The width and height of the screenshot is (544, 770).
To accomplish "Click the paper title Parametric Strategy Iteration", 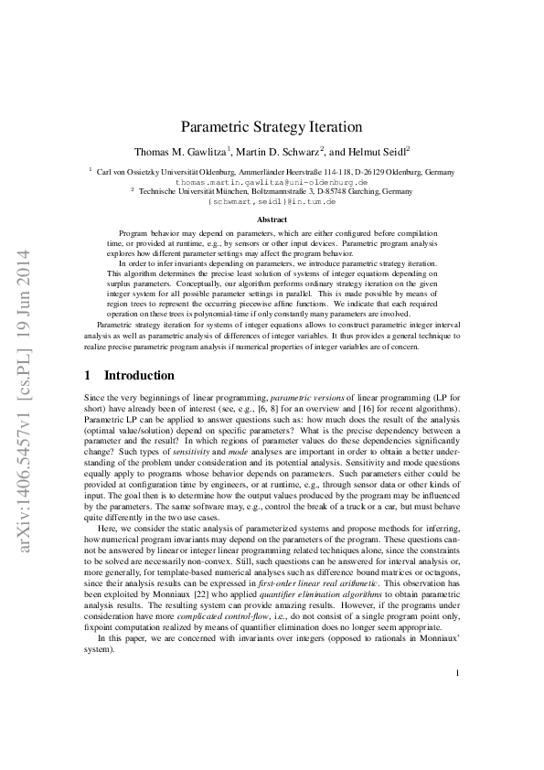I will pyautogui.click(x=272, y=131).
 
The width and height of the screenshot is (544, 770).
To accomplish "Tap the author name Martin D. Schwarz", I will pyautogui.click(x=282, y=152).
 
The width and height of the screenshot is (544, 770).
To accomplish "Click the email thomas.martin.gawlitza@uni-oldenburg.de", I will pyautogui.click(x=272, y=182).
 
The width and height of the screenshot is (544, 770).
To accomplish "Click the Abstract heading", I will pyautogui.click(x=272, y=219).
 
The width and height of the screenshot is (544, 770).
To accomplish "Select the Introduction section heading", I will pyautogui.click(x=139, y=375).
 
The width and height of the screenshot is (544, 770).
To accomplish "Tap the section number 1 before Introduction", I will pyautogui.click(x=87, y=375).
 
